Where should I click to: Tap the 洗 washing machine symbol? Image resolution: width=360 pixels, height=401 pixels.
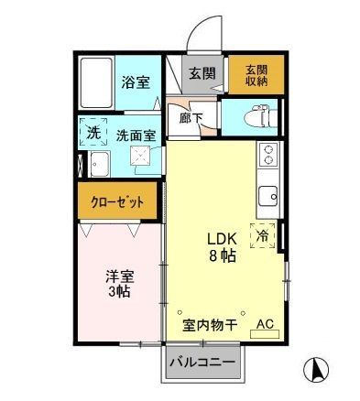pyautogui.click(x=93, y=132)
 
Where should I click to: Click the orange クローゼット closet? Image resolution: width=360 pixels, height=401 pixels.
pyautogui.click(x=117, y=202)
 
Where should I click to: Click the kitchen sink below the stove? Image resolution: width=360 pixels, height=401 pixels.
pyautogui.click(x=267, y=195)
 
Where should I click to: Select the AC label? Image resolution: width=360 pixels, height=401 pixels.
pyautogui.click(x=265, y=324)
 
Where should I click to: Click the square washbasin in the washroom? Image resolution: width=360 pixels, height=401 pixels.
pyautogui.click(x=144, y=163)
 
